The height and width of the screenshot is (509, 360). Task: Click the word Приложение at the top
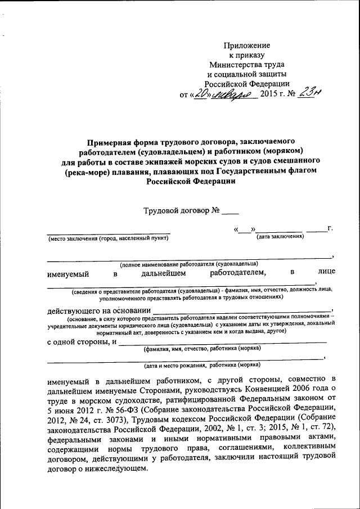[247, 45]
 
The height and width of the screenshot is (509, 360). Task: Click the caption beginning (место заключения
[108, 238]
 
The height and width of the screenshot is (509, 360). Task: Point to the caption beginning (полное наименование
[188, 263]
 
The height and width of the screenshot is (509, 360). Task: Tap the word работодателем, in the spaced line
[237, 273]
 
